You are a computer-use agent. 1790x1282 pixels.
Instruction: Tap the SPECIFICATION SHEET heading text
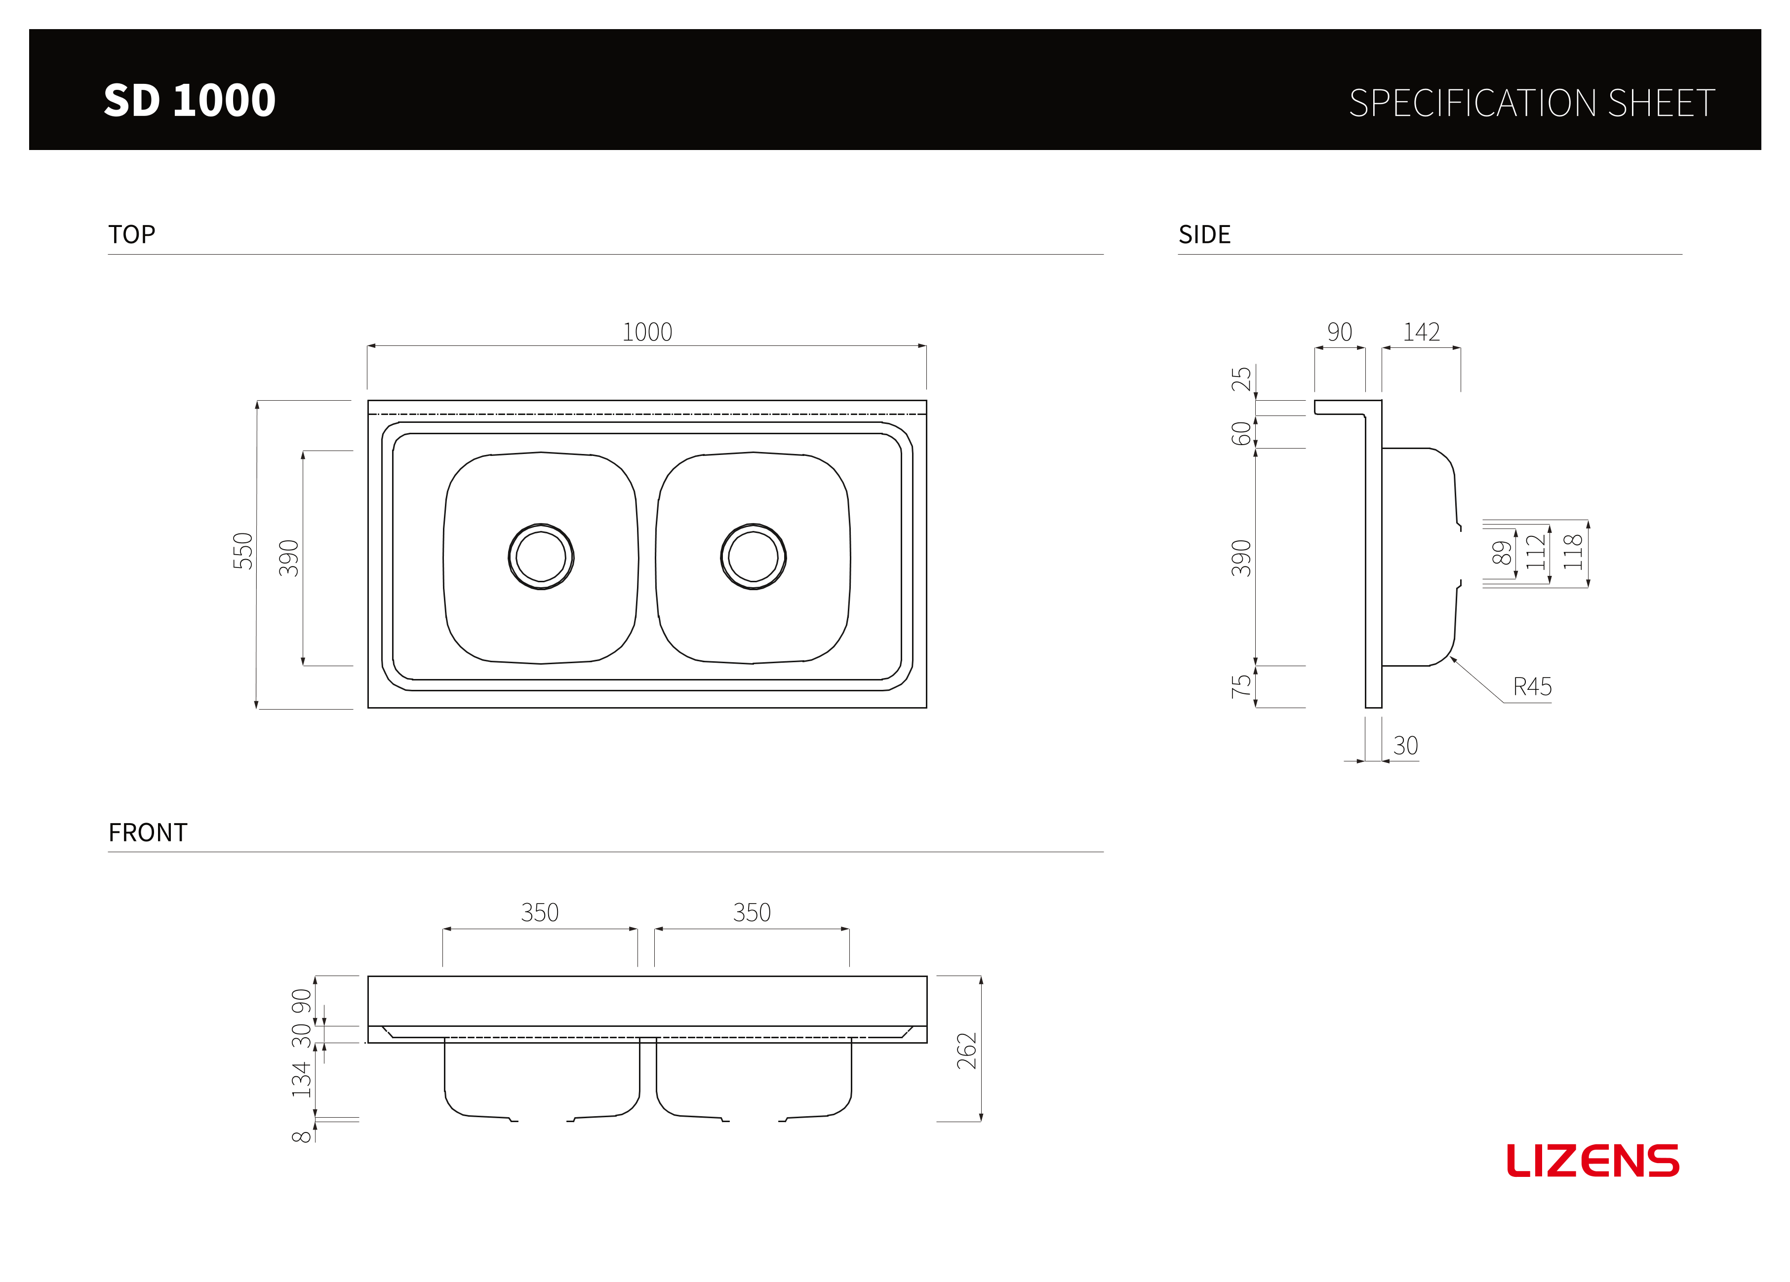pos(1532,103)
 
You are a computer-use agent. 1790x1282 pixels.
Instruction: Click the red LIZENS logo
pos(1592,1161)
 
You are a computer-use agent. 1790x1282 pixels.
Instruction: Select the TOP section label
pos(132,234)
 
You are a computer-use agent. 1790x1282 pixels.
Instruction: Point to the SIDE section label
pos(1204,234)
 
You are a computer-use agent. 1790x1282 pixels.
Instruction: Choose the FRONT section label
pos(148,832)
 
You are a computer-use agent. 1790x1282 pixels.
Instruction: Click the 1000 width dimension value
pos(647,332)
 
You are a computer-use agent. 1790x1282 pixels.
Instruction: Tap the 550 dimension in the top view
pos(243,551)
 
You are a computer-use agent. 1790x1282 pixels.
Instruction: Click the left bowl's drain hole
pos(541,556)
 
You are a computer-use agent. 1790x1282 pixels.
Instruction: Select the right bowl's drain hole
pos(753,556)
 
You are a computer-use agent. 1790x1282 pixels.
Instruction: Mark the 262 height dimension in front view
pos(967,1051)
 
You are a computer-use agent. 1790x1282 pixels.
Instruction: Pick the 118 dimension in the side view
pos(1573,552)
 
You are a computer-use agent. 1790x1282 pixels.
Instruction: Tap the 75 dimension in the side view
pos(1241,686)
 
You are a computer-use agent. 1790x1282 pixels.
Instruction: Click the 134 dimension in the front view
pos(302,1079)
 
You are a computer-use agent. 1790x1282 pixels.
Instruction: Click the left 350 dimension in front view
pos(540,913)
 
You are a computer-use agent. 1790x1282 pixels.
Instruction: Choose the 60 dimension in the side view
pos(1241,434)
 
